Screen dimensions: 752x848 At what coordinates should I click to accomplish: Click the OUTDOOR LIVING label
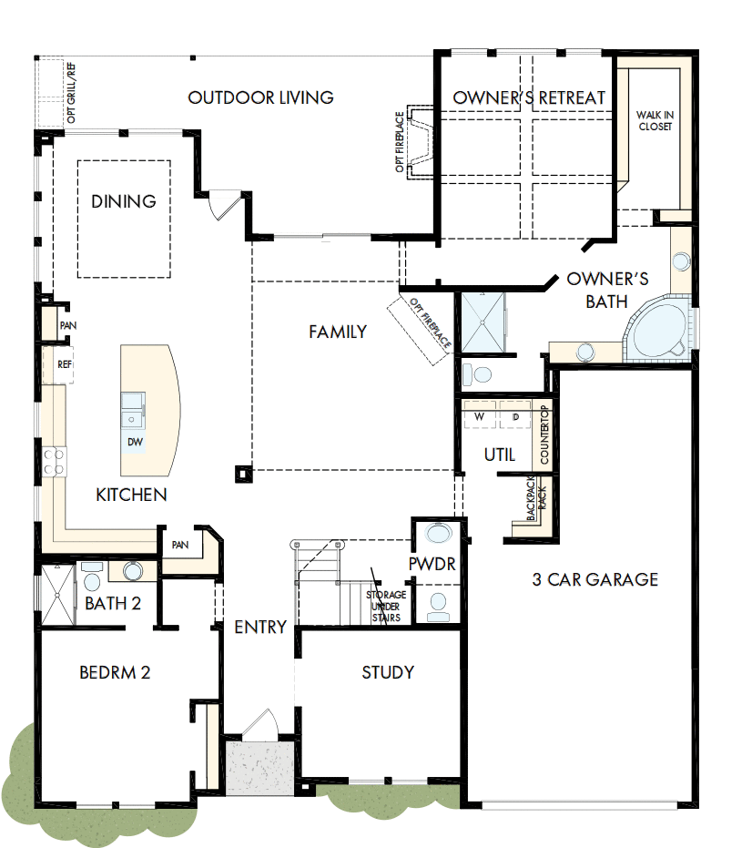(260, 97)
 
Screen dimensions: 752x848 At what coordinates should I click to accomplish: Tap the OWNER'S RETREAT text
(529, 97)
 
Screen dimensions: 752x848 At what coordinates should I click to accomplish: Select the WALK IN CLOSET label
(655, 120)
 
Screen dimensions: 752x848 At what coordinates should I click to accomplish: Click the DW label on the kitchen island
(135, 443)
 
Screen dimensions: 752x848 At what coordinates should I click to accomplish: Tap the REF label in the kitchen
(65, 364)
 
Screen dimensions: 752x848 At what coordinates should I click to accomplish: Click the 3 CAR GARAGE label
(595, 579)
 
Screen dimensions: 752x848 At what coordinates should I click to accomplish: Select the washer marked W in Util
(478, 416)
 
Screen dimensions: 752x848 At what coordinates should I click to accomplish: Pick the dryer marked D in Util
(514, 416)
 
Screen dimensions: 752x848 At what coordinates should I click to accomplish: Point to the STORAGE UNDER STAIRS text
(386, 606)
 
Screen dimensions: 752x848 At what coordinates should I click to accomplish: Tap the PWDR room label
(432, 565)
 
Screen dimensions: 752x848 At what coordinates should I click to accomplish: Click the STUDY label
(388, 672)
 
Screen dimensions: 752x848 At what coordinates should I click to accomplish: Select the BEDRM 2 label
(115, 673)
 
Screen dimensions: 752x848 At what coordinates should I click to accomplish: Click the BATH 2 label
(113, 603)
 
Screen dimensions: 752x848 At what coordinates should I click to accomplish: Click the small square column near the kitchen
(242, 473)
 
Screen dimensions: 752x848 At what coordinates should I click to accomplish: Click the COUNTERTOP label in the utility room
(544, 435)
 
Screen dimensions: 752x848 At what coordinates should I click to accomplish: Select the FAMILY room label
(338, 332)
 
